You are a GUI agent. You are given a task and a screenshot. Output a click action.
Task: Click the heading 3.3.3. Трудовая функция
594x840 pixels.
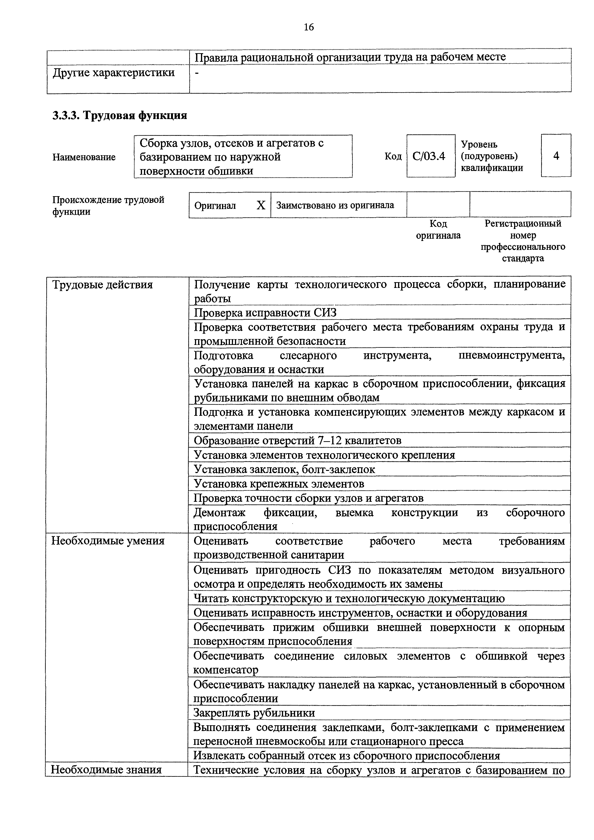tap(120, 116)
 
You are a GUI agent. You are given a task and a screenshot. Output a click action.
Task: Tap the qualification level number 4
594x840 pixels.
tap(556, 156)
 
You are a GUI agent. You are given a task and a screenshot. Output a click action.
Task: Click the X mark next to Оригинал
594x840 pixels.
tap(260, 206)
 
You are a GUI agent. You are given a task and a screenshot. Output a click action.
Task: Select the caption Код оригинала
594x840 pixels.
tap(438, 229)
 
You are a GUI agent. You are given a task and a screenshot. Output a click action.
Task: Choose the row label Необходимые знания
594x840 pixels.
tap(106, 770)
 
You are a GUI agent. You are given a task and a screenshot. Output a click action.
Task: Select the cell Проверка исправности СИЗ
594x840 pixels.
tap(265, 313)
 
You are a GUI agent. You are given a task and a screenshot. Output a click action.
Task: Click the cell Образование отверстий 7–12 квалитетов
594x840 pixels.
tap(297, 440)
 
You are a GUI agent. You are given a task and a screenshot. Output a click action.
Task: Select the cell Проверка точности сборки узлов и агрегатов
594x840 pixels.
tap(308, 498)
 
